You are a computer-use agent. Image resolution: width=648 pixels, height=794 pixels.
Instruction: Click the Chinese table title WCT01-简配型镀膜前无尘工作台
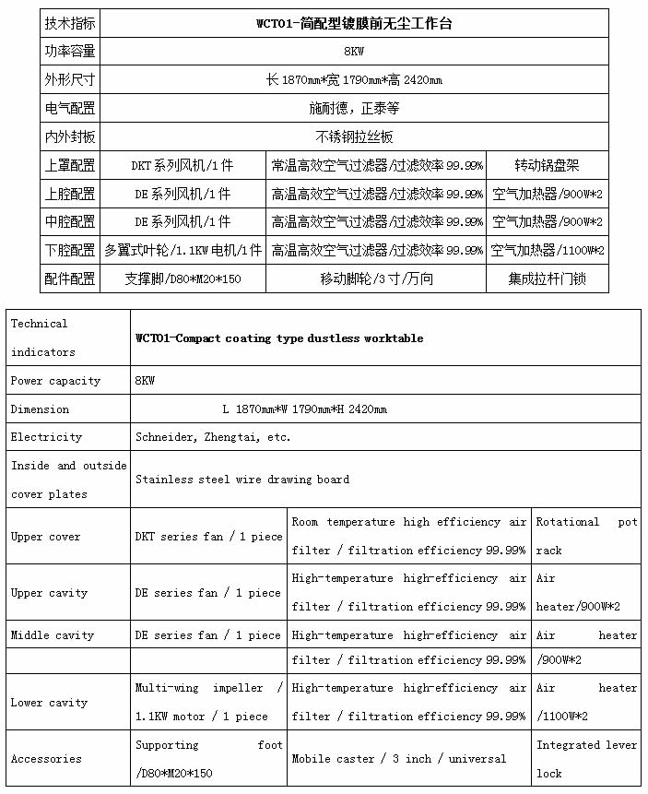click(354, 23)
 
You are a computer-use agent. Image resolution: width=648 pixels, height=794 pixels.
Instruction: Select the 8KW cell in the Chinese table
click(354, 51)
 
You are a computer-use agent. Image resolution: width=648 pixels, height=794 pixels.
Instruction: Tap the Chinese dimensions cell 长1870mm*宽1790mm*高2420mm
click(354, 79)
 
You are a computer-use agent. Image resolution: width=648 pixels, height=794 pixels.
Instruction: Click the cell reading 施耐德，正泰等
click(354, 108)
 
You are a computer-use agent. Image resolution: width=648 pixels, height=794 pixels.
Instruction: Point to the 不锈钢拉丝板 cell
click(354, 136)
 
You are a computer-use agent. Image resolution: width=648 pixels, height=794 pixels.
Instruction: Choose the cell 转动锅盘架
click(547, 166)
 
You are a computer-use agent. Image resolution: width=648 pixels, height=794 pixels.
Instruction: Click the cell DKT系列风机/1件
click(182, 166)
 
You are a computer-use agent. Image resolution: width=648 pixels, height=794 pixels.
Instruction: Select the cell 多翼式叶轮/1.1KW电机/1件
click(183, 250)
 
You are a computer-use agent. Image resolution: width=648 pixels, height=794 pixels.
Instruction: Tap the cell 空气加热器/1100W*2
click(547, 250)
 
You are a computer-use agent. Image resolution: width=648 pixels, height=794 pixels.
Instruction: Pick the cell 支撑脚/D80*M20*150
click(182, 278)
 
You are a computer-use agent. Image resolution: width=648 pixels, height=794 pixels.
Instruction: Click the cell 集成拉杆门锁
click(547, 278)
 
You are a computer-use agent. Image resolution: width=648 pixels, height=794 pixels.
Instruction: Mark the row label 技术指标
click(70, 23)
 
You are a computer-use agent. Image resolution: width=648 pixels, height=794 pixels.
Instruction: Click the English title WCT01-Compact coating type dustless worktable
click(279, 338)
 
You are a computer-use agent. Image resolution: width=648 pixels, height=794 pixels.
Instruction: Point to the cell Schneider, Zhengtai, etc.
click(213, 437)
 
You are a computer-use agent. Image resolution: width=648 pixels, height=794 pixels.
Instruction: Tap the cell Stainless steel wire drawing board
click(242, 480)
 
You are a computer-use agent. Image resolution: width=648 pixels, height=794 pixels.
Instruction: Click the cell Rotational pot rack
click(586, 536)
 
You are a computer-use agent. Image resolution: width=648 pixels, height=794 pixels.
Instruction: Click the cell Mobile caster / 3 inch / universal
click(399, 759)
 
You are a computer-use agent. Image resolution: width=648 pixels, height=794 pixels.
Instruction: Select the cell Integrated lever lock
click(586, 759)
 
